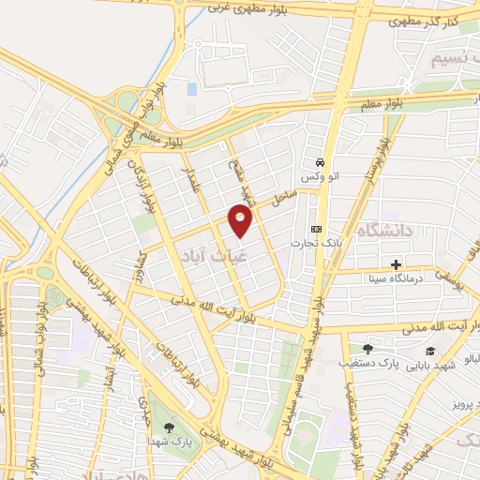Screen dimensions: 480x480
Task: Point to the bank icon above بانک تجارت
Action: pyautogui.click(x=317, y=229)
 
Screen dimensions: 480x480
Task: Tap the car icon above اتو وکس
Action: pyautogui.click(x=320, y=160)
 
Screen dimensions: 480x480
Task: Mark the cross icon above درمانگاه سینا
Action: pyautogui.click(x=397, y=264)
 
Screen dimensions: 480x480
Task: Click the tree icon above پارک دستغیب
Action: pyautogui.click(x=367, y=348)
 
